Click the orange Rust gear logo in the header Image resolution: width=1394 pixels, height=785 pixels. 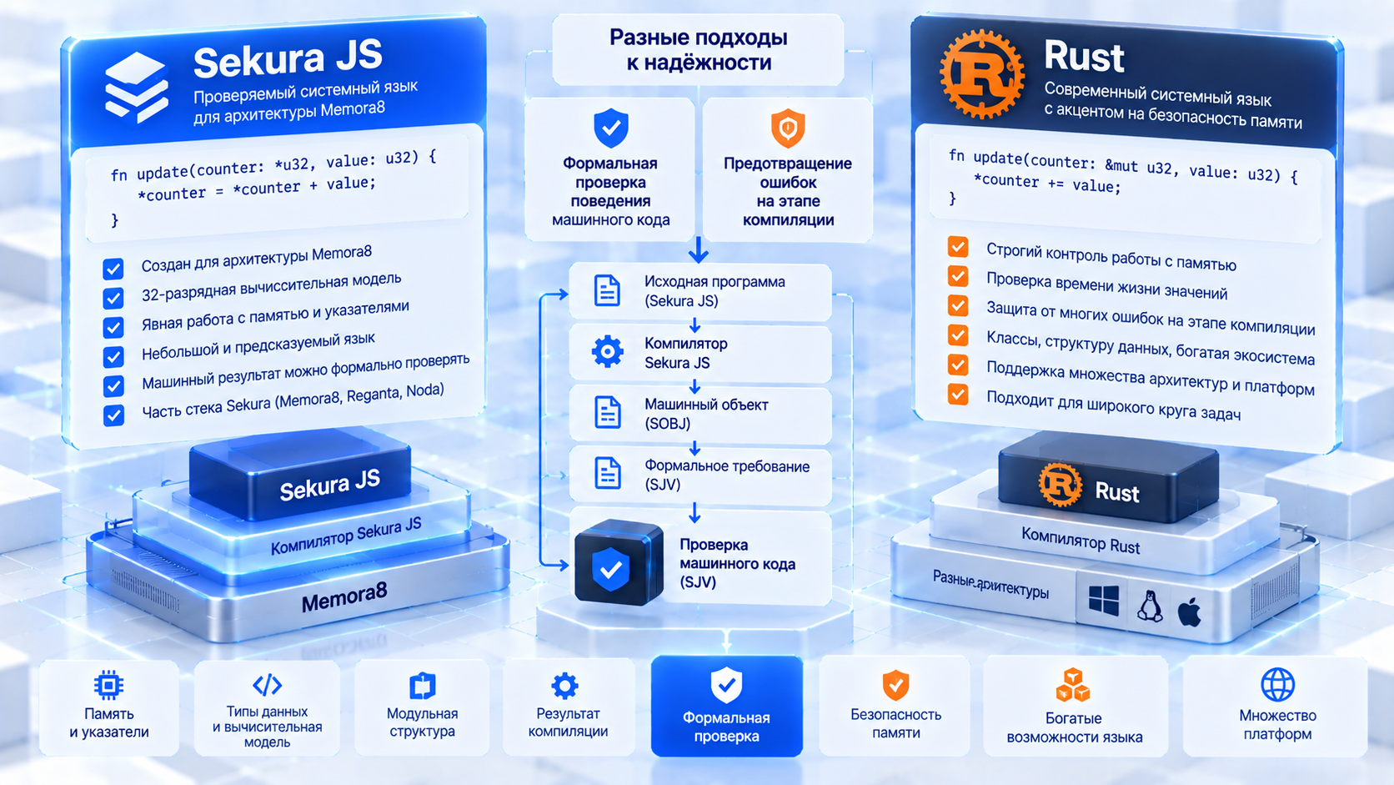[x=982, y=73]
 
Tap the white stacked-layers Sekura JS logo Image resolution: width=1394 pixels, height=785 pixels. [x=136, y=87]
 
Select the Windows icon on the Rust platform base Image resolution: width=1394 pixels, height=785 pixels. [x=1103, y=600]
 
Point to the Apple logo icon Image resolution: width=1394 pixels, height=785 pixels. [x=1189, y=611]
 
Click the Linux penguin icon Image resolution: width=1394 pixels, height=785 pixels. [x=1150, y=606]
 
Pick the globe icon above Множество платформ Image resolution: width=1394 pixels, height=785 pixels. [x=1277, y=684]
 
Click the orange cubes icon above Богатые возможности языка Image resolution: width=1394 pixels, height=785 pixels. [x=1073, y=685]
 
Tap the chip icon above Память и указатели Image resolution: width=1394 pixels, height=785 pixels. [x=108, y=686]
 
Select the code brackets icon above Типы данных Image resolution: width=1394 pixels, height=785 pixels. [x=267, y=685]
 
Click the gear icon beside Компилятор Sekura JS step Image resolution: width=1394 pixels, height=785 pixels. [x=608, y=352]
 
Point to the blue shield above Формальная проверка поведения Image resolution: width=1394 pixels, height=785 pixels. [x=611, y=128]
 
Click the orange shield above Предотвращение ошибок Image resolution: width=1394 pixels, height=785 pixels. [x=788, y=128]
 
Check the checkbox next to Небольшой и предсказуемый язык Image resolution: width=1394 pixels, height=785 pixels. [x=113, y=357]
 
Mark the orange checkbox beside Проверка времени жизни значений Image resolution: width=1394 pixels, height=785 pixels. [x=958, y=276]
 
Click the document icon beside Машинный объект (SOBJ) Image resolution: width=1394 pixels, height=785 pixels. [x=608, y=412]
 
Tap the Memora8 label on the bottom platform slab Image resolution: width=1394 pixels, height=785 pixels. [x=344, y=598]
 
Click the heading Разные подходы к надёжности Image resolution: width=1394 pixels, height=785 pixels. [x=698, y=50]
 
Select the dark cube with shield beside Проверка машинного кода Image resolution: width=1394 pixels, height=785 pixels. [x=617, y=563]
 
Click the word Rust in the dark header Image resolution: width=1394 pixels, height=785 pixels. [x=1084, y=57]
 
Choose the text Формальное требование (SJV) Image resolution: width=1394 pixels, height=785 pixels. [x=727, y=475]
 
